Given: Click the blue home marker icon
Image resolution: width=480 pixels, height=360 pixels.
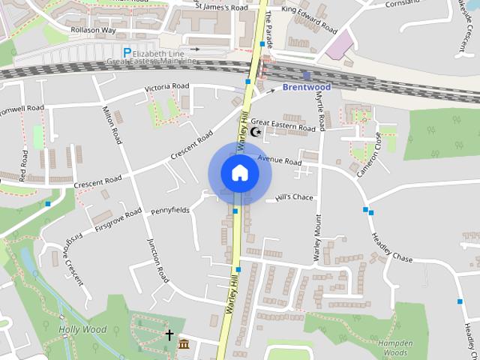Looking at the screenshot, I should pos(239,173).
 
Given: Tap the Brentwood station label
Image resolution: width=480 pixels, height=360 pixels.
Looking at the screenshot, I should pos(306,87).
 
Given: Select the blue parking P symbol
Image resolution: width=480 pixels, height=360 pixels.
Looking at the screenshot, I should pos(127,53).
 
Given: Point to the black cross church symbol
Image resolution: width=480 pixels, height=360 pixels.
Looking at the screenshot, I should pos(169,334).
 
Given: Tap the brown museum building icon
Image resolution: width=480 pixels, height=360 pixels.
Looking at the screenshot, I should pos(184,344).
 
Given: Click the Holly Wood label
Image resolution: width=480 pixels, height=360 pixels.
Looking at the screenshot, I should pos(82,329).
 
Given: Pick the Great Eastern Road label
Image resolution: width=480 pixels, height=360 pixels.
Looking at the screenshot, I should pos(283,124).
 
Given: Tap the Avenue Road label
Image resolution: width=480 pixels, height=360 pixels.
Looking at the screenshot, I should pos(279,160).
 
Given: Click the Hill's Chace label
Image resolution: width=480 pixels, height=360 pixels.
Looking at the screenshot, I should pos(293,197).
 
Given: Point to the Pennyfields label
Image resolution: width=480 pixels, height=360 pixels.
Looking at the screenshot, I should pos(170,211).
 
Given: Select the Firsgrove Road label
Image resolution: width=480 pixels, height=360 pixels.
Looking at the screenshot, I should pos(118,218).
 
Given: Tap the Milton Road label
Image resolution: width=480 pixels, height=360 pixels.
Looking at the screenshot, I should pos(112,125).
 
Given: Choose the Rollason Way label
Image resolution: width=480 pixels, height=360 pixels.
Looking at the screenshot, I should pos(94,31).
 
